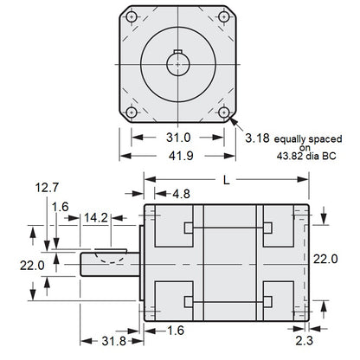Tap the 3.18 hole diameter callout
(261, 138)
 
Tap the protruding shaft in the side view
(111, 263)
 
